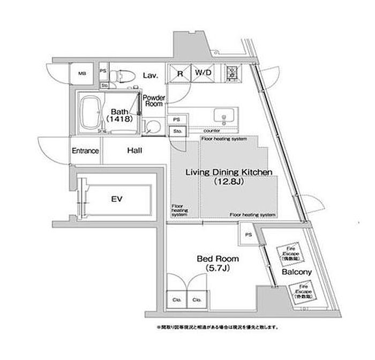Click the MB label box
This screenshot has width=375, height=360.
[x=83, y=74]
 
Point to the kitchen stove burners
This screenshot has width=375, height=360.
[x=233, y=73]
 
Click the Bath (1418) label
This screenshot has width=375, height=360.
[x=118, y=115]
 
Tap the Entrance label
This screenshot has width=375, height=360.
[x=85, y=151]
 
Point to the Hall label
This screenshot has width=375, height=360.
[x=134, y=151]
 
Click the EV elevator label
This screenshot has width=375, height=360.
[x=117, y=199]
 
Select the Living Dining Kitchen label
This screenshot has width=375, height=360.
[x=229, y=172]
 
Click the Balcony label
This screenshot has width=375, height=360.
[x=297, y=272]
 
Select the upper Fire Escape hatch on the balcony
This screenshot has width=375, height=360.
[x=289, y=252]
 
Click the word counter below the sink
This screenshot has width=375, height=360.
[x=212, y=130]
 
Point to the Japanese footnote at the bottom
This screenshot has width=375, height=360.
[x=212, y=326]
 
